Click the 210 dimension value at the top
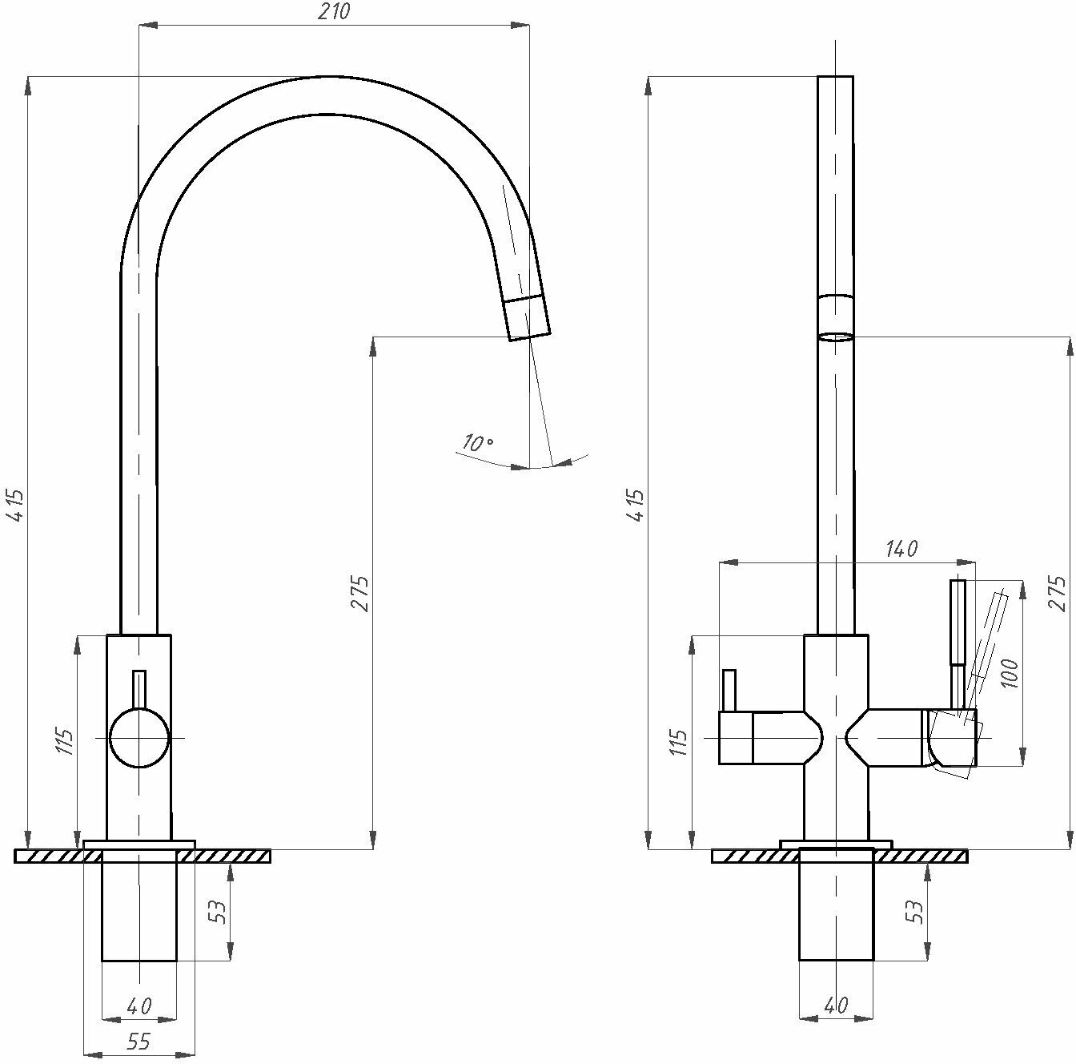tap(334, 12)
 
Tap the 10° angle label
tap(478, 442)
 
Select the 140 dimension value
tap(901, 549)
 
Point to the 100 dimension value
tap(1009, 673)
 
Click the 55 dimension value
tap(139, 1041)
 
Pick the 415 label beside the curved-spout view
tap(17, 505)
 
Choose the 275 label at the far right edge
tap(1058, 593)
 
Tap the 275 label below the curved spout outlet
tap(360, 593)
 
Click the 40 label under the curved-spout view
tap(139, 1005)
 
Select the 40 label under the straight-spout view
tap(836, 1005)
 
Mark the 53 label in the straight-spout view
tap(915, 911)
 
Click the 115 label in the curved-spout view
tap(64, 742)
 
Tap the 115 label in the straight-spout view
tap(679, 742)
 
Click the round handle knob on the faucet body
tap(139, 737)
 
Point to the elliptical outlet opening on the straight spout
tap(836, 337)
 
